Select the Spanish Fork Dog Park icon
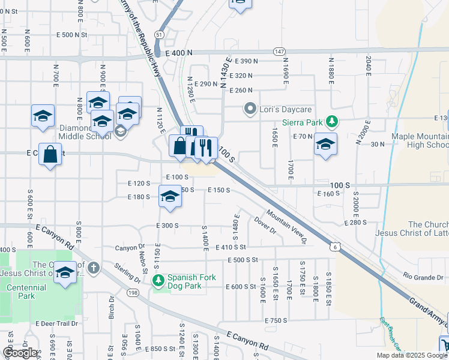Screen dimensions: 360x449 coord(159,280)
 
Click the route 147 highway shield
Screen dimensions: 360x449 coord(279,52)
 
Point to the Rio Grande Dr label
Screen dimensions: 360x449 coord(424,277)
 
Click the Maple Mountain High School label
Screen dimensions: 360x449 coord(420,140)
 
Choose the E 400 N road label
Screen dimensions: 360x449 coord(178,53)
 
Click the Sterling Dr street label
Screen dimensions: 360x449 coord(128,273)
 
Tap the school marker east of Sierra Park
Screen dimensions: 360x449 coord(325,144)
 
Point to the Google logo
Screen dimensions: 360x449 coord(20,353)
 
